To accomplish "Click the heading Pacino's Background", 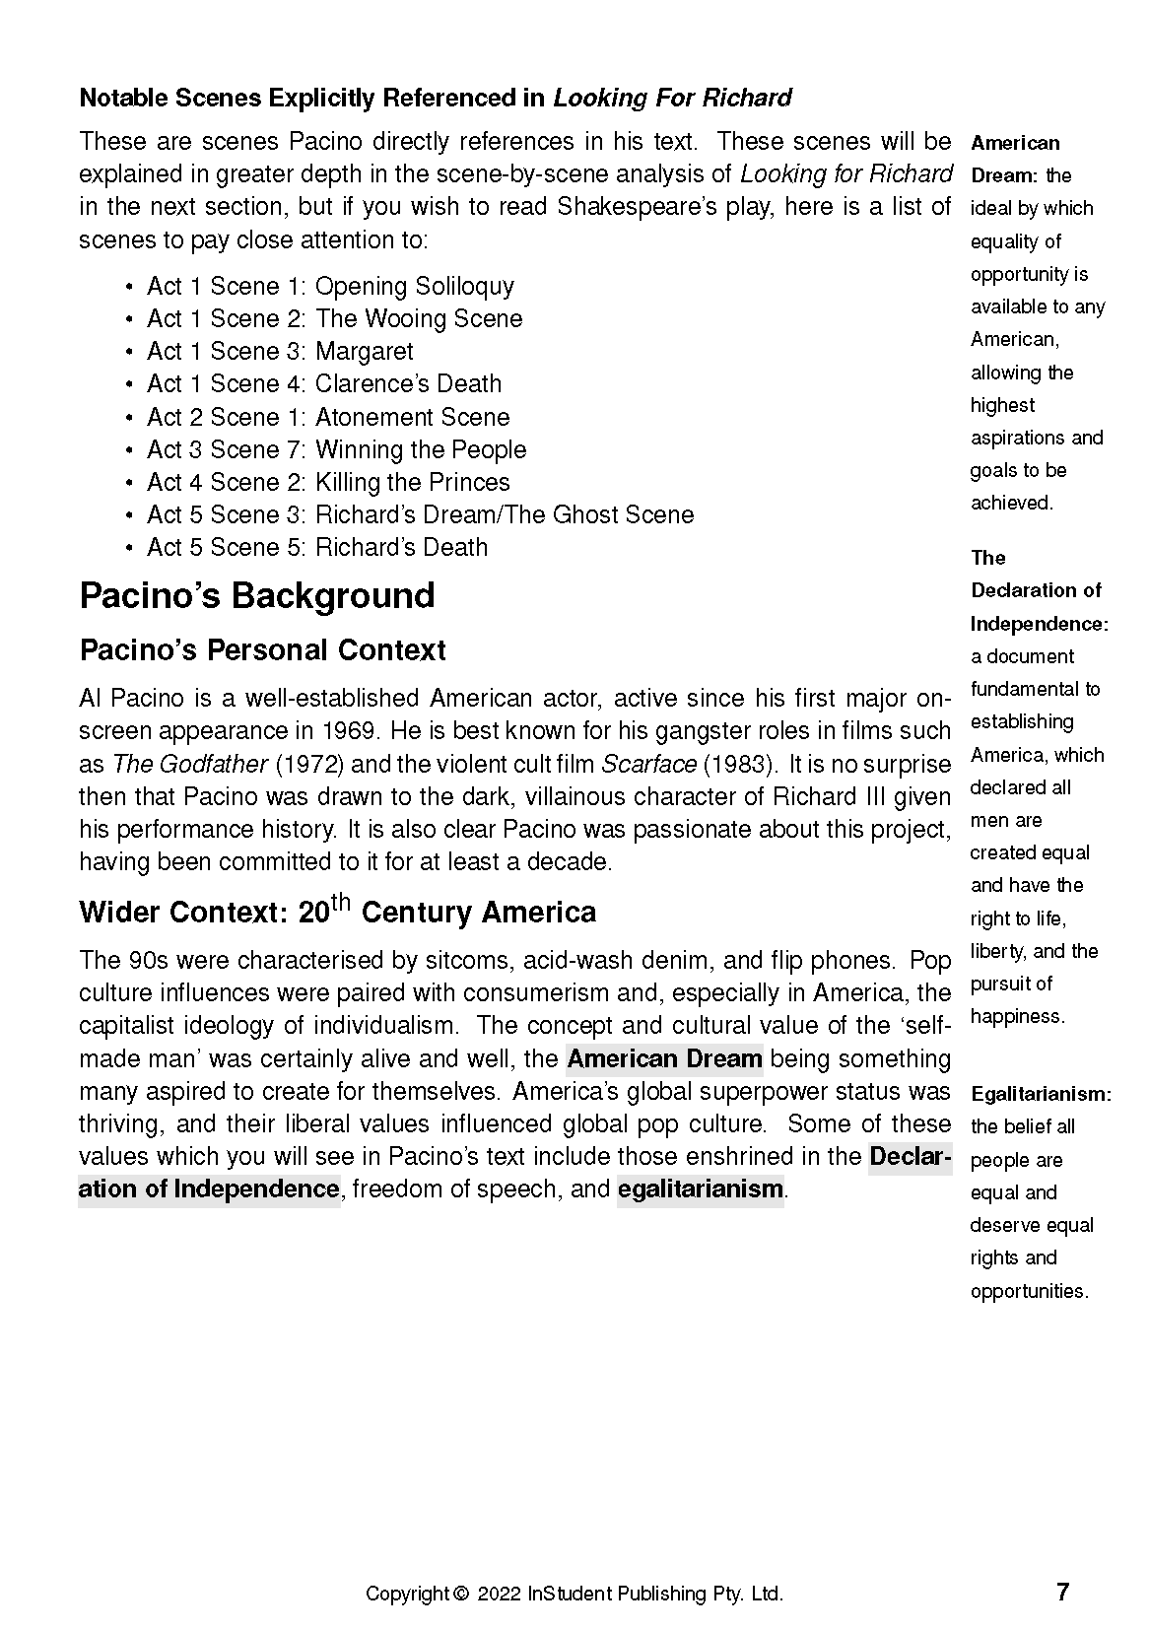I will [x=256, y=596].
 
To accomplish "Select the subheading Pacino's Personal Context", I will [x=262, y=650].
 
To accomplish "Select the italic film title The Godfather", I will [x=189, y=764].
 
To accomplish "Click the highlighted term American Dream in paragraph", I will [x=664, y=1058].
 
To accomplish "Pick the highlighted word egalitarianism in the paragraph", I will [x=700, y=1189].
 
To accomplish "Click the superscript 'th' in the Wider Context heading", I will [x=340, y=902].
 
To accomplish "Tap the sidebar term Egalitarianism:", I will [x=1041, y=1094].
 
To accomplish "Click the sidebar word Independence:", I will [x=1039, y=624].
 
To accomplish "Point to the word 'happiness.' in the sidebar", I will [x=1017, y=1016].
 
